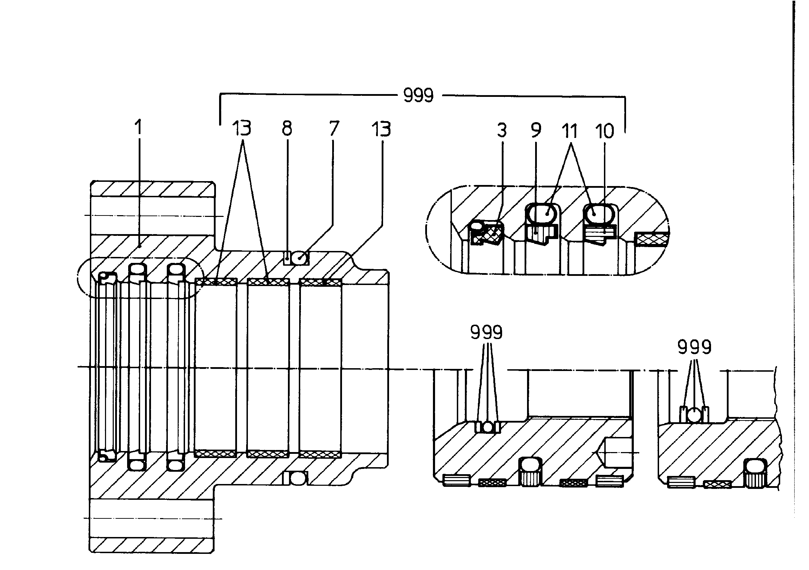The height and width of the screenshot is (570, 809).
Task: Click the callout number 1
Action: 139,127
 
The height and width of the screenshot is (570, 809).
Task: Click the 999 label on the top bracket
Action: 418,95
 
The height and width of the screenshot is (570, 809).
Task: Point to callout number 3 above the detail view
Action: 502,130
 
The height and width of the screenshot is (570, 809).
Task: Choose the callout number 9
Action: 535,130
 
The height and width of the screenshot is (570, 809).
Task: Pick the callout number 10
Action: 605,131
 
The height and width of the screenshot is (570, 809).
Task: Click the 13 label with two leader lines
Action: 242,128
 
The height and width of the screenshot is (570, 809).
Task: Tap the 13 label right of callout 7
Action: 381,129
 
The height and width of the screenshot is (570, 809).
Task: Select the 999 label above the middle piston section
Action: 487,332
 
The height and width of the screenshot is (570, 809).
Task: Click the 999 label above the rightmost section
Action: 695,347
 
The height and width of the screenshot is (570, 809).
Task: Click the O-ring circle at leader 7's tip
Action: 300,258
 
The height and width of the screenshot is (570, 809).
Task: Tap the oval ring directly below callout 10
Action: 599,213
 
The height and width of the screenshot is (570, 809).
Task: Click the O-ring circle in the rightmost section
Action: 695,415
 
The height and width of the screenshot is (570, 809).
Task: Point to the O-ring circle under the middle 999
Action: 488,427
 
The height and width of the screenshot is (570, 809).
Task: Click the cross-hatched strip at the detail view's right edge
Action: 652,239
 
